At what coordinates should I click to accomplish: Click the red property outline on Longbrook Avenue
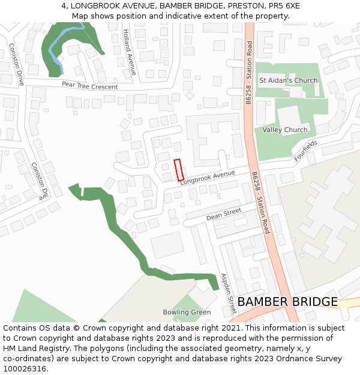(x=179, y=170)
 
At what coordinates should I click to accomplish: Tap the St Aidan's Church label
(x=288, y=80)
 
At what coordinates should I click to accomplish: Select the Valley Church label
(x=284, y=130)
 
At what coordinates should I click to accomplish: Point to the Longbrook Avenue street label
(x=207, y=177)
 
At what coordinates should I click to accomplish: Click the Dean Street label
(x=223, y=214)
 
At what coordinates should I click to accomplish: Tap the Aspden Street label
(x=229, y=293)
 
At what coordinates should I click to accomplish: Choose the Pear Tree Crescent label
(x=90, y=86)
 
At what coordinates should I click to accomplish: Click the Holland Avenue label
(x=129, y=52)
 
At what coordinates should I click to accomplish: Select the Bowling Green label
(x=187, y=312)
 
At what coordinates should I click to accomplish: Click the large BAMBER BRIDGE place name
(x=287, y=301)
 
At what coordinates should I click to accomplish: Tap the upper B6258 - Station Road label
(x=248, y=72)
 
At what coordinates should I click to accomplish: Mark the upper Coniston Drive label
(x=16, y=64)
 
